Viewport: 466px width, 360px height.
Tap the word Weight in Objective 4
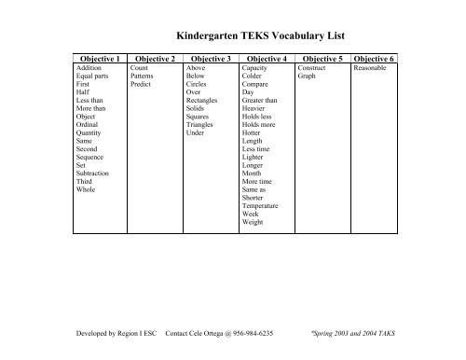(253, 224)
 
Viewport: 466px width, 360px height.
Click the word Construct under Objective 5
(312, 68)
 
